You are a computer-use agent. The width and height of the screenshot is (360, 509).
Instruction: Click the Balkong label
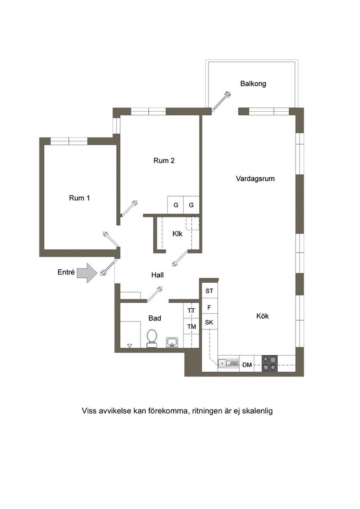pyautogui.click(x=253, y=84)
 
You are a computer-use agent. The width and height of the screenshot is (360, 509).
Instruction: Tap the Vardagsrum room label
pyautogui.click(x=255, y=179)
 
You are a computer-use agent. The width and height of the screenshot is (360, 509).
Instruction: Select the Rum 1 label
pyautogui.click(x=79, y=198)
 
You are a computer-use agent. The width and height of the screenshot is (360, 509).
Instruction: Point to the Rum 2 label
pyautogui.click(x=164, y=161)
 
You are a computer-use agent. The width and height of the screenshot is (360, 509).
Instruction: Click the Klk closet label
pyautogui.click(x=177, y=234)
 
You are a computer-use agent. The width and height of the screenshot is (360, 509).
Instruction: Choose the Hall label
pyautogui.click(x=157, y=275)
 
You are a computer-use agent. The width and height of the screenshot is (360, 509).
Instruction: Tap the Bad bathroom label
pyautogui.click(x=155, y=318)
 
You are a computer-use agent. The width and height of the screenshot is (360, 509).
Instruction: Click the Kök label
pyautogui.click(x=263, y=316)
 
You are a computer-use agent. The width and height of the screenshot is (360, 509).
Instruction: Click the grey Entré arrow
pyautogui.click(x=86, y=273)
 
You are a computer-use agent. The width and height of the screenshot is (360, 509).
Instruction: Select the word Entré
pyautogui.click(x=66, y=272)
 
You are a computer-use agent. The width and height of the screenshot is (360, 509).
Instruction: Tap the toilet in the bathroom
pyautogui.click(x=152, y=339)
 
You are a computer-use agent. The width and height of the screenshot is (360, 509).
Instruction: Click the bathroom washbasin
pyautogui.click(x=173, y=342)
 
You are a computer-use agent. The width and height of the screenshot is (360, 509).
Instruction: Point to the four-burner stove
pyautogui.click(x=270, y=363)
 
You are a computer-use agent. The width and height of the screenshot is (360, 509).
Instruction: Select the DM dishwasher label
pyautogui.click(x=247, y=365)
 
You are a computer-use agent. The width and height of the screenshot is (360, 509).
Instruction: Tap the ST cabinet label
pyautogui.click(x=209, y=291)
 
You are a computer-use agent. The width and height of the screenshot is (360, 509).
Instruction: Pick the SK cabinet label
pyautogui.click(x=209, y=322)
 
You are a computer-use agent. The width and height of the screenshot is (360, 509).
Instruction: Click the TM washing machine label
pyautogui.click(x=192, y=327)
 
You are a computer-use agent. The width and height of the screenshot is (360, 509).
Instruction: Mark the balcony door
pyautogui.click(x=221, y=102)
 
